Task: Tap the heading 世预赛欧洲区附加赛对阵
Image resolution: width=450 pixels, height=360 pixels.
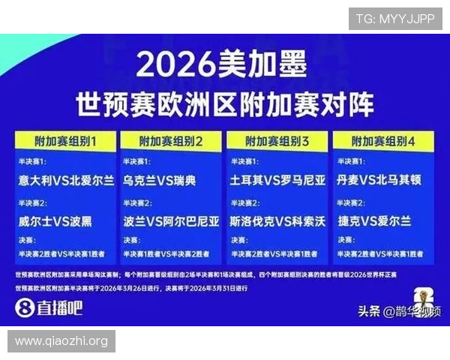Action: click(224, 103)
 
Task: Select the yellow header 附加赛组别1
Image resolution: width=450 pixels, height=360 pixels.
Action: click(66, 140)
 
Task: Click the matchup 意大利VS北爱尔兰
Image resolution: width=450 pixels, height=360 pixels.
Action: click(66, 181)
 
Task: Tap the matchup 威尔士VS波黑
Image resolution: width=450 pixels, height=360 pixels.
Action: click(56, 222)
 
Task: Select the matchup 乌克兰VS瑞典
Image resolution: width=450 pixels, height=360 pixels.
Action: click(159, 181)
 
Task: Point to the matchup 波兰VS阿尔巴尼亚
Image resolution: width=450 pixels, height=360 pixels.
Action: click(171, 222)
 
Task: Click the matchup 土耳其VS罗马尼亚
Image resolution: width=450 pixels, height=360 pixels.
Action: click(277, 181)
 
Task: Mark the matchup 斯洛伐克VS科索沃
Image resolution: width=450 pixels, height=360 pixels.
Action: click(277, 222)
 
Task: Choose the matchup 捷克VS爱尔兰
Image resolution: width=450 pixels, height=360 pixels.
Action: click(373, 222)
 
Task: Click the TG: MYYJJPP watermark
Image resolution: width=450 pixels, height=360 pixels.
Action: click(394, 19)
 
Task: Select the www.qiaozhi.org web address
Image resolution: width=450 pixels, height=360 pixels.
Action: click(61, 341)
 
